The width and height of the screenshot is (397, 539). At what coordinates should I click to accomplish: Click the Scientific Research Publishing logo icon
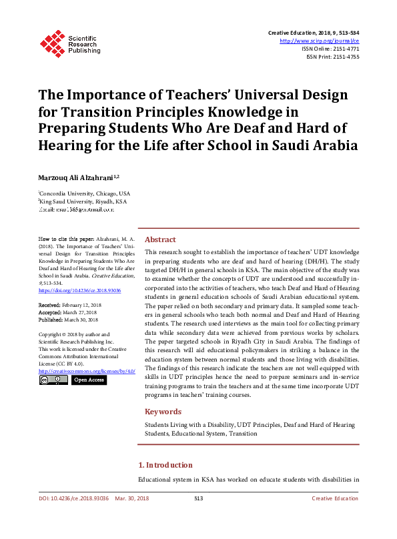(51, 43)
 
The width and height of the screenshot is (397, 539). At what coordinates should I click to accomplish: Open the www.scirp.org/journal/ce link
(324, 41)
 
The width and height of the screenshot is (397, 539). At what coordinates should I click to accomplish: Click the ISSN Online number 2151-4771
(344, 49)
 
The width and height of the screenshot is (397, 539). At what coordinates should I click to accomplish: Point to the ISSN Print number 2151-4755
(344, 57)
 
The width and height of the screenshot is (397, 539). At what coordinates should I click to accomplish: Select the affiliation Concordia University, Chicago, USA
(85, 193)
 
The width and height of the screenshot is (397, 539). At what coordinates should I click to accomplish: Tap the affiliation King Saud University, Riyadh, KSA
(83, 201)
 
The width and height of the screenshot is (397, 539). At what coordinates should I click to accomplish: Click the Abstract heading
(160, 239)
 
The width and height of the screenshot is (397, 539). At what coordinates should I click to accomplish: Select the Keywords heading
(163, 412)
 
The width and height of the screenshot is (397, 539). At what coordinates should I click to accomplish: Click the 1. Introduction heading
(165, 465)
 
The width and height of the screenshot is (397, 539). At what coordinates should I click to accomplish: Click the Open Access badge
(89, 380)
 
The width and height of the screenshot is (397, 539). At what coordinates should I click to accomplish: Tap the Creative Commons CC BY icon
(53, 380)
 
